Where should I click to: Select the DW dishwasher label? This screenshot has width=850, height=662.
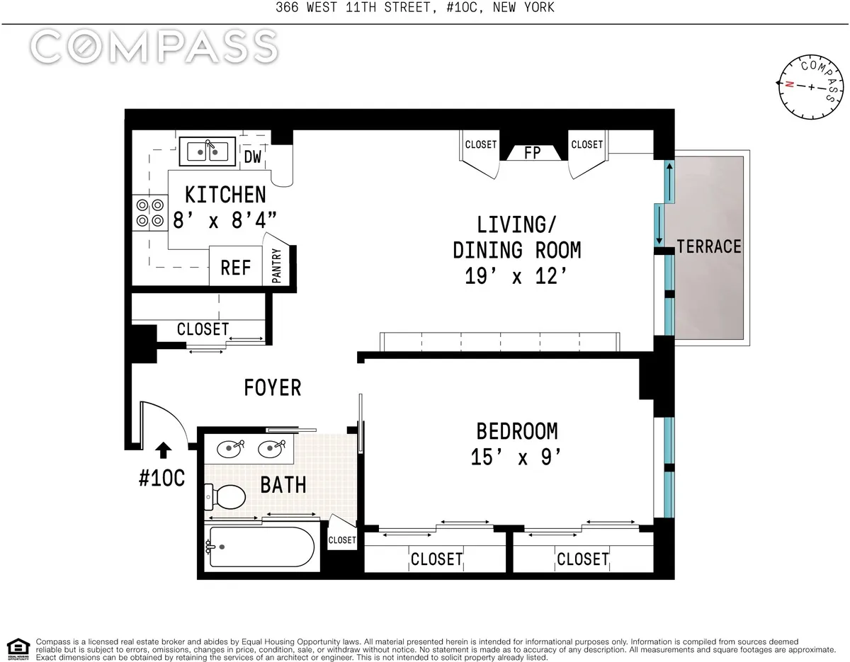coord(253,157)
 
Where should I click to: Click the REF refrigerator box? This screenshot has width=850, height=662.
coord(236,267)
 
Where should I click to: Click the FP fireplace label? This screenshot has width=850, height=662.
coord(532,152)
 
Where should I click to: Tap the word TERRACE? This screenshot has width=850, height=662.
coord(709,246)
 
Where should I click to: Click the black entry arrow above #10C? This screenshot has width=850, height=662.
coord(163,450)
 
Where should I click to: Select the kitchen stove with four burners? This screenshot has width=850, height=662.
coord(149,212)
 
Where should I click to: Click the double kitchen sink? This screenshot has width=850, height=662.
coord(208,151)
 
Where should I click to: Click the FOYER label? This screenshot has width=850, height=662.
coord(273,387)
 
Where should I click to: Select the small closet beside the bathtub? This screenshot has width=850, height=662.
coord(342,540)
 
